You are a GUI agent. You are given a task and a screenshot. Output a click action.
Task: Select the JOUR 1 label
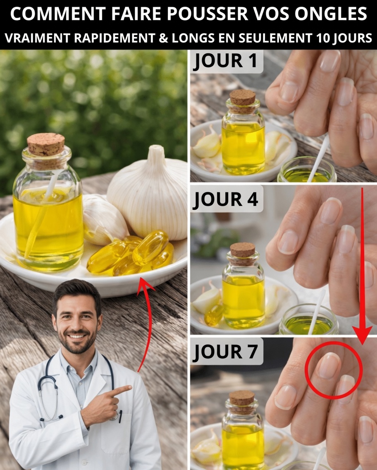tap(225, 61)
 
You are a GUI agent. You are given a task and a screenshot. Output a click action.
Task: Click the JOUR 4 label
tap(225, 199)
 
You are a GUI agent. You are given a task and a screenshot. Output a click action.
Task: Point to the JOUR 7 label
tap(225, 352)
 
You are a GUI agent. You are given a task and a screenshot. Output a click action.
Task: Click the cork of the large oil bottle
tap(45, 144)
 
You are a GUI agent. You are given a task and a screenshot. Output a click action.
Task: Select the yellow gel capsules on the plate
tap(132, 254)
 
